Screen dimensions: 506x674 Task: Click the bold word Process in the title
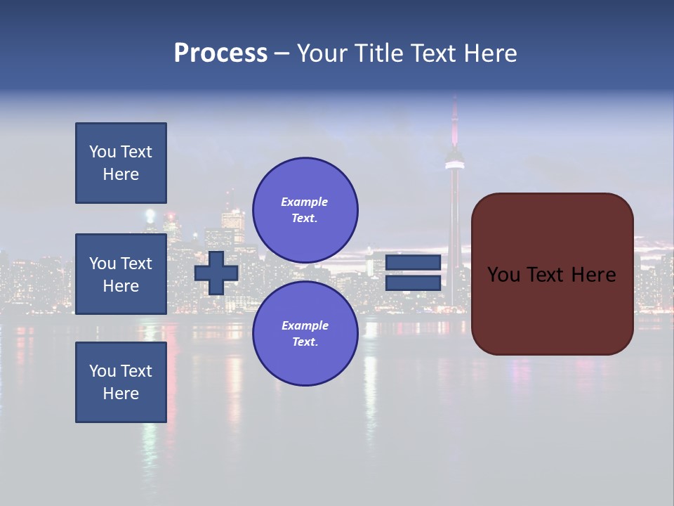tap(220, 53)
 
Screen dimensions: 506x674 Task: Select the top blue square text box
tap(121, 163)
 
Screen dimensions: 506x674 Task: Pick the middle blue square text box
tap(121, 274)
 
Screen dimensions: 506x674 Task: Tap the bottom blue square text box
tap(121, 382)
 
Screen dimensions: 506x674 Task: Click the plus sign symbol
tap(216, 273)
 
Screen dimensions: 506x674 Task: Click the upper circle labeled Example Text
tap(305, 210)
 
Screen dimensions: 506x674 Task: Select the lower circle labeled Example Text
tap(305, 334)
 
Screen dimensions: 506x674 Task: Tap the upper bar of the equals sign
tap(414, 263)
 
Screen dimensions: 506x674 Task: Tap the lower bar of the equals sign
tap(414, 283)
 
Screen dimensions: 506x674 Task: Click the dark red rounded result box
tap(552, 309)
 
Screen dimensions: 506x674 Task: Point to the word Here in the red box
tap(593, 275)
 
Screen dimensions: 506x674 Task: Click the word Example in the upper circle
tap(305, 202)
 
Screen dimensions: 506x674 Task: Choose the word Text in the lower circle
tap(305, 342)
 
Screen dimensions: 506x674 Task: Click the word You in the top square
tap(102, 152)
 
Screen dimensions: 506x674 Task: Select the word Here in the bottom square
tap(121, 394)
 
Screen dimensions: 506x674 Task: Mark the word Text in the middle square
tap(136, 264)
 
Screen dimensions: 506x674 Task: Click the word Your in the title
tap(324, 53)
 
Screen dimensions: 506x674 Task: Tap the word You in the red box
tap(503, 275)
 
